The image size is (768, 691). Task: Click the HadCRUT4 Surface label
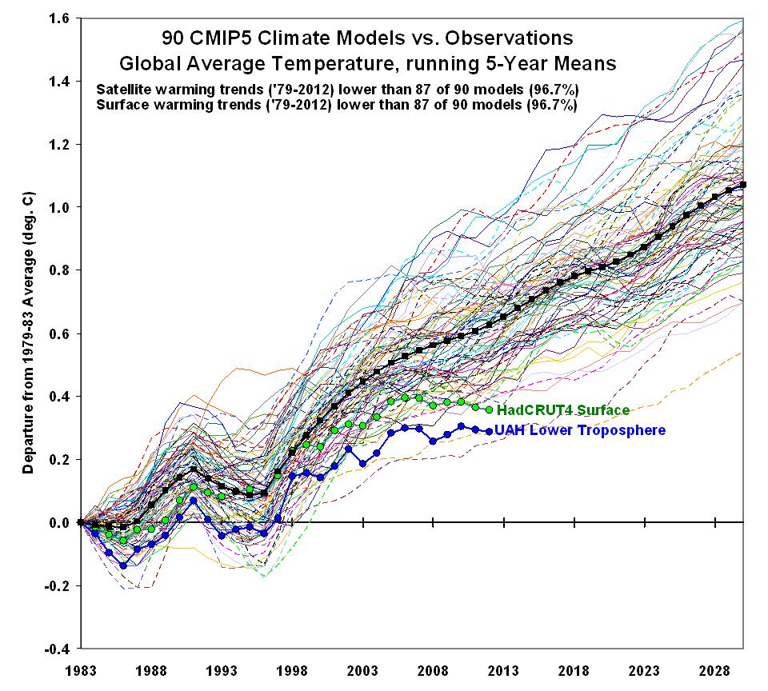[563, 410]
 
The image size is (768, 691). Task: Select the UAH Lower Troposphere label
[580, 430]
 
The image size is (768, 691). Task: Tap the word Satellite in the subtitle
[122, 89]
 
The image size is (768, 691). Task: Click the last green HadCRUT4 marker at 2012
[490, 409]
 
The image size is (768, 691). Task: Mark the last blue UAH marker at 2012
[490, 431]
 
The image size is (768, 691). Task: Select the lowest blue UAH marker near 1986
[123, 565]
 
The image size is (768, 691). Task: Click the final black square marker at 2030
[743, 185]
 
